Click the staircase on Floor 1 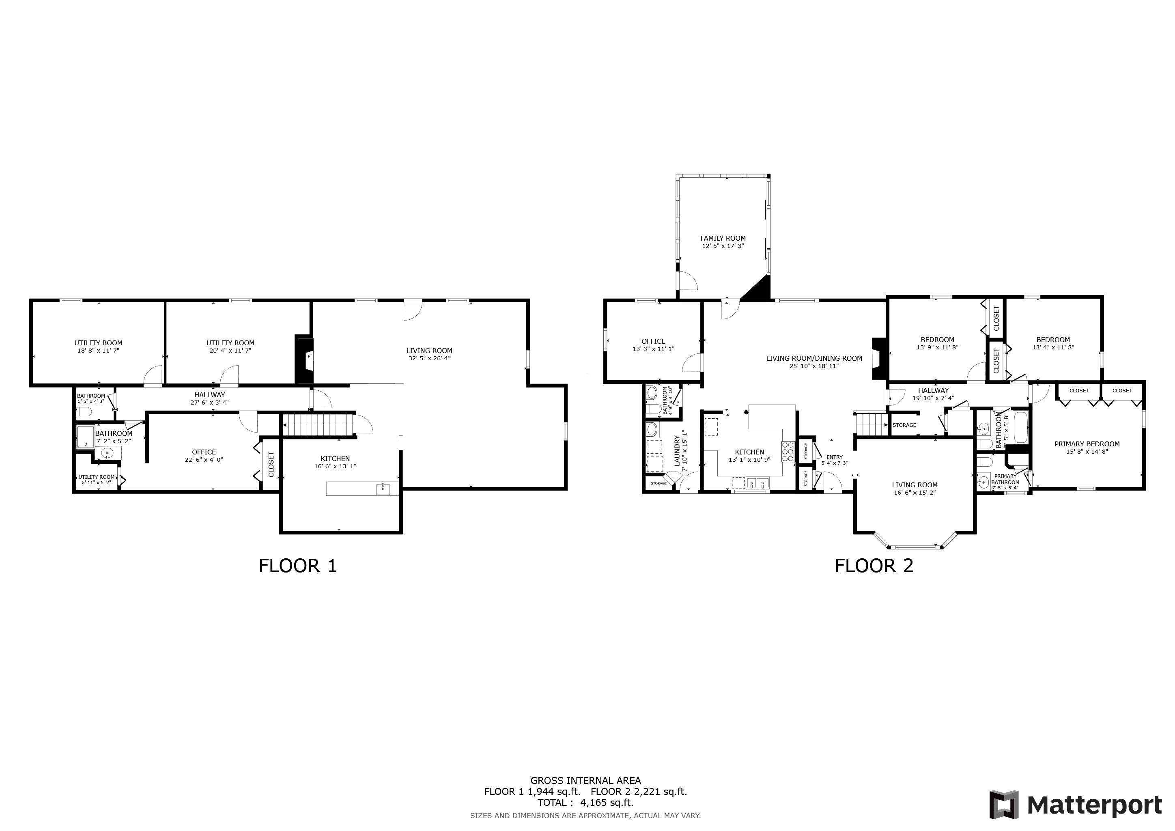(319, 425)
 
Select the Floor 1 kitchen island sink (383, 489)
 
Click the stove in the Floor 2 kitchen (788, 452)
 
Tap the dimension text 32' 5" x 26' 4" (429, 358)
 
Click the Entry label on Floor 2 (834, 457)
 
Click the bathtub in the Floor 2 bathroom (1020, 429)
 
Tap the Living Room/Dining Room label (814, 359)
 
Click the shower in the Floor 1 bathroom (86, 437)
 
